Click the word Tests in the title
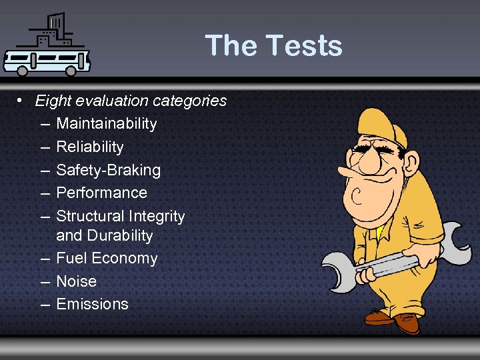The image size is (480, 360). tap(304, 45)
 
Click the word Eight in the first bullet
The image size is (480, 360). tap(53, 101)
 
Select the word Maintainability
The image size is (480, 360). tap(107, 124)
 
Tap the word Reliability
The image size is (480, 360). tap(90, 147)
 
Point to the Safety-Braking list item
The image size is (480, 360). tap(109, 170)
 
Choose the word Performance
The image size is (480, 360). tap(101, 193)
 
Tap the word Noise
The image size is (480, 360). tap(76, 281)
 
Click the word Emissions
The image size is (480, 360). tap(92, 304)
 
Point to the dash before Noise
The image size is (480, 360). tap(44, 281)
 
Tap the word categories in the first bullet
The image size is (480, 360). tap(189, 101)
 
